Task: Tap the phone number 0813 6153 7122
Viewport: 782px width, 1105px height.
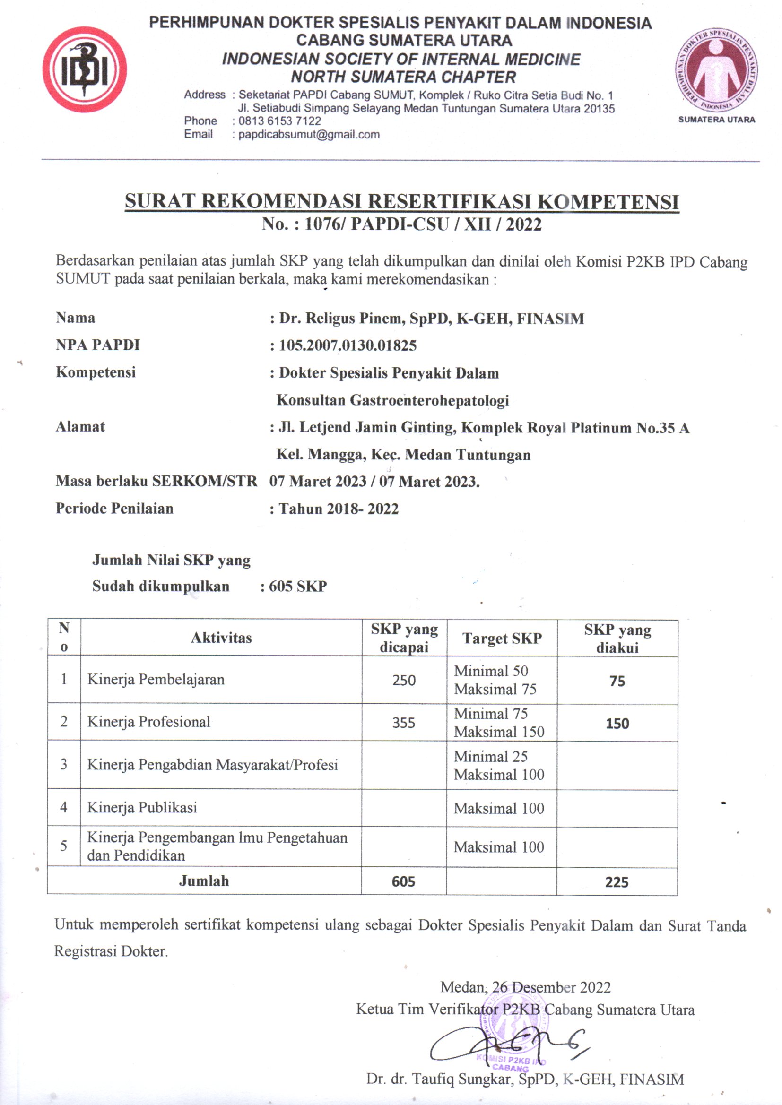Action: (x=280, y=121)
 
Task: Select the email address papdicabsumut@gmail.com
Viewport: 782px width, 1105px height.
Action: (x=309, y=135)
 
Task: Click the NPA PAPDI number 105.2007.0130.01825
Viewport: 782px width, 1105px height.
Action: (x=348, y=345)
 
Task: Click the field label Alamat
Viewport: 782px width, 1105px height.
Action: (x=80, y=426)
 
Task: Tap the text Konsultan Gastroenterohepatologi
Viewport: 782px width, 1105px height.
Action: (x=392, y=400)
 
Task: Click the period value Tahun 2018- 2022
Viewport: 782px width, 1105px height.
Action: (x=339, y=509)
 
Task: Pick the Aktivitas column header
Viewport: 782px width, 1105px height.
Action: (x=221, y=638)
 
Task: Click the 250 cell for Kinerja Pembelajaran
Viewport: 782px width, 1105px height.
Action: (x=403, y=680)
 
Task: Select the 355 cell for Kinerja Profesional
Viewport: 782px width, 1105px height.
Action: (x=403, y=722)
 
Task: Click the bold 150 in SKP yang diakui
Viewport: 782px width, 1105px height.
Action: (x=617, y=723)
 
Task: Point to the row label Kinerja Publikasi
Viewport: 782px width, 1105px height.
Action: (x=142, y=807)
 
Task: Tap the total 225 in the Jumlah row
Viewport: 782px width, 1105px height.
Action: (x=617, y=882)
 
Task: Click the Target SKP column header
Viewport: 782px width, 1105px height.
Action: (x=502, y=638)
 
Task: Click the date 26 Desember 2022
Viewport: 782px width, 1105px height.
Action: (x=551, y=987)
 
